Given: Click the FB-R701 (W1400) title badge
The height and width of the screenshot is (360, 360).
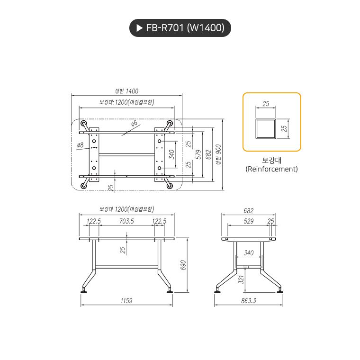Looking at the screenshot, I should point(180,28).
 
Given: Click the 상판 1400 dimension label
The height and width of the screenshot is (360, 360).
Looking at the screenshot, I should point(126,91).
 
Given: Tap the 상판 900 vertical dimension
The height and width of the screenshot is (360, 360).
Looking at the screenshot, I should point(217,155).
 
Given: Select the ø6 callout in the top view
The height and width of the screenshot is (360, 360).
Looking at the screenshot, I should point(134,123).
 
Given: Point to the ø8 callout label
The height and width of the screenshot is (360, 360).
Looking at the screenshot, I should point(80,145).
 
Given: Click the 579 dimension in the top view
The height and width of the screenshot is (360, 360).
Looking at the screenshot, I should point(199,154).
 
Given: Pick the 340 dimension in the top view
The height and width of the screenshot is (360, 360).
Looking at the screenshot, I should point(171,154).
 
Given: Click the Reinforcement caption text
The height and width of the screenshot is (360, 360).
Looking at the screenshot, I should point(272,169).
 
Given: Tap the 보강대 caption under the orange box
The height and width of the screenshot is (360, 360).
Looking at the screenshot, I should point(272,160).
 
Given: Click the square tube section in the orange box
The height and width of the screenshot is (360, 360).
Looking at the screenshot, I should point(265,129).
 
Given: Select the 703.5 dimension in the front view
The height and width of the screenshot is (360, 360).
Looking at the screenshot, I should point(126,221).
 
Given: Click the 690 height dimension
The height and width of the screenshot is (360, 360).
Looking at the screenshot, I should point(183,265).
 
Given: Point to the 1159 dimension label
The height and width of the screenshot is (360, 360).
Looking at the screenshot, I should point(126,300).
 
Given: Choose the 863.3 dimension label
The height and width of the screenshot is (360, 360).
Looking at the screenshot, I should point(249,300).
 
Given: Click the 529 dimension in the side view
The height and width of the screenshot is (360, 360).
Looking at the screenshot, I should point(249,221).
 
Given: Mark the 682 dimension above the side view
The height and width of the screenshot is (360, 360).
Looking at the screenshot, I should point(249,211).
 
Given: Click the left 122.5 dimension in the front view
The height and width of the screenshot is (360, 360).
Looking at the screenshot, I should point(94,221).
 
